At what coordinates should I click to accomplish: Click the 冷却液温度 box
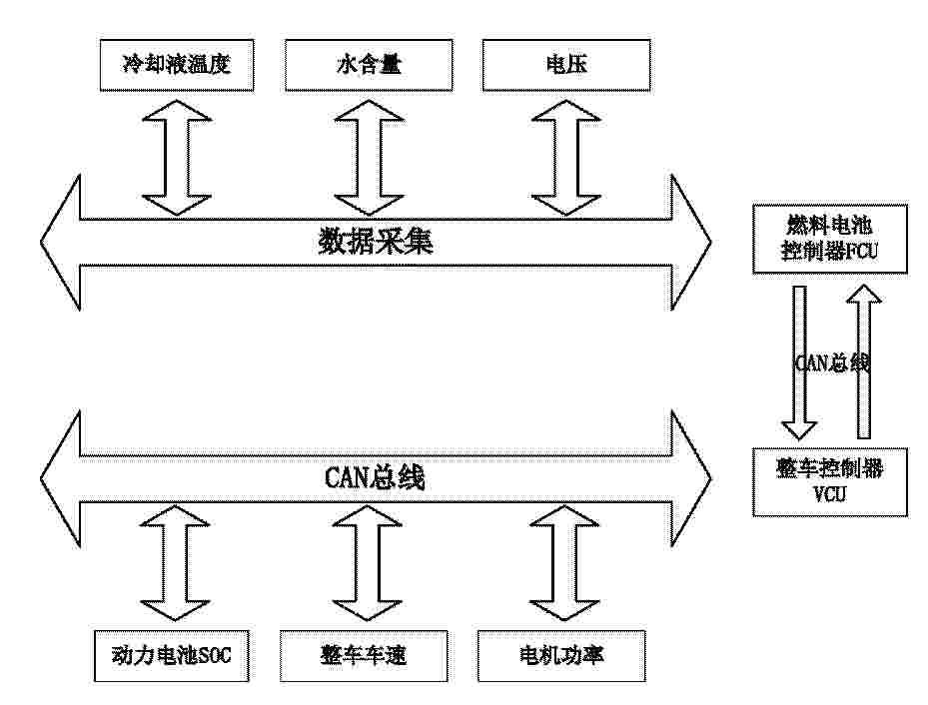coord(177,65)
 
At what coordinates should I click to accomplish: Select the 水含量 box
coord(369,65)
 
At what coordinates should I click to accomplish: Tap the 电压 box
coord(566,65)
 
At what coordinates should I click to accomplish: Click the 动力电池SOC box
coord(171,656)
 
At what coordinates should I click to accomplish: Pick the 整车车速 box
coord(364,656)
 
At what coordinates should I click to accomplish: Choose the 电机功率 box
coord(561,656)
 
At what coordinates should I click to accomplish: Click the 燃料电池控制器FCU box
coord(830,239)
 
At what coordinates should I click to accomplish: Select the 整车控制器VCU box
coord(830,482)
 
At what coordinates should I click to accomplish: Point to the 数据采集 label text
coord(376,242)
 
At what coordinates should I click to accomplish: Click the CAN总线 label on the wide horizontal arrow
coord(375,478)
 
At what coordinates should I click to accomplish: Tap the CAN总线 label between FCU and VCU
coord(831,362)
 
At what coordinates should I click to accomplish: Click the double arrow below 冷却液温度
coord(177,158)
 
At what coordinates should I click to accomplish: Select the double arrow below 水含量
coord(369,158)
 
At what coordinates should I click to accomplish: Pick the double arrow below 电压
coord(566,158)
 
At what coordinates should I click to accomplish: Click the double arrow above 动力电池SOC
coord(175,562)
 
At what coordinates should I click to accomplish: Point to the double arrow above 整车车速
coord(368,562)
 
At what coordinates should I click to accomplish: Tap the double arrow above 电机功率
coord(564,562)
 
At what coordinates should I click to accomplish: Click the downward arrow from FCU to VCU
coord(799,362)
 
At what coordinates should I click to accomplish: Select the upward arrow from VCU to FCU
coord(864,361)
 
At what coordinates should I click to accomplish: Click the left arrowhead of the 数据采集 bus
coord(60,242)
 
